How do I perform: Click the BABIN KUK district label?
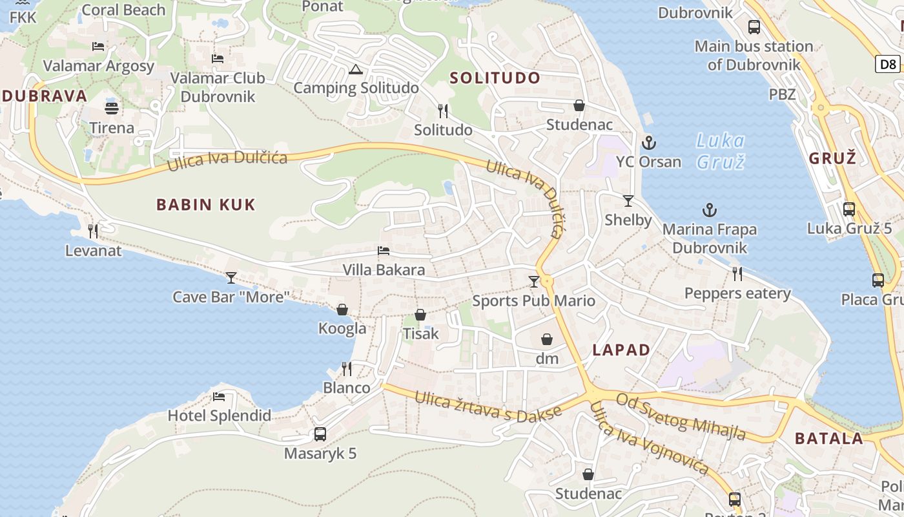(x=206, y=205)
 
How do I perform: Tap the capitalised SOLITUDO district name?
(x=495, y=78)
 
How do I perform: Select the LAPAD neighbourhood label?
(x=621, y=350)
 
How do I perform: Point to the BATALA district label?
(x=829, y=439)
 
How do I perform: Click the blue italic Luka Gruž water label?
(x=721, y=151)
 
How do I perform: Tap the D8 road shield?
(x=889, y=64)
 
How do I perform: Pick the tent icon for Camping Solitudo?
(x=355, y=70)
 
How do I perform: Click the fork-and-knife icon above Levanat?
(x=93, y=231)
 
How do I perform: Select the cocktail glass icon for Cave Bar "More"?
(x=231, y=278)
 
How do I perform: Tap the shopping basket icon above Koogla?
(x=342, y=310)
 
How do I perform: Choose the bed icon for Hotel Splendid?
(x=219, y=396)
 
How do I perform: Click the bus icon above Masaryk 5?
(x=320, y=434)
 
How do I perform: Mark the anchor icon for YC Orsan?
(x=648, y=143)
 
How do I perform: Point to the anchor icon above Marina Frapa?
(x=710, y=210)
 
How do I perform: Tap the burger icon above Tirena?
(x=112, y=108)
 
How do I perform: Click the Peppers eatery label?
(x=737, y=293)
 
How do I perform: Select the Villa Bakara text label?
(x=384, y=269)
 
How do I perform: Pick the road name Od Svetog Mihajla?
(x=681, y=416)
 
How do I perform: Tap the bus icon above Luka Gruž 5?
(x=849, y=209)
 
